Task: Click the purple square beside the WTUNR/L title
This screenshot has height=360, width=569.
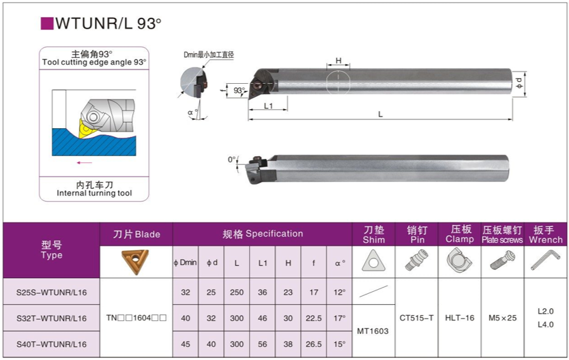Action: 47,24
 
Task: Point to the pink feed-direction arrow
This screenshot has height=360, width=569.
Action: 85,163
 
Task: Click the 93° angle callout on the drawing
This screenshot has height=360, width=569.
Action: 239,90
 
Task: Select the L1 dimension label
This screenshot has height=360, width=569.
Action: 268,106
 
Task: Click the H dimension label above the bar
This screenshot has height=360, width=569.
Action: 338,61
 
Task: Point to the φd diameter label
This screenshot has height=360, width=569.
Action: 519,83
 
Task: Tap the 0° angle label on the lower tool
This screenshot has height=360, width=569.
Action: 231,160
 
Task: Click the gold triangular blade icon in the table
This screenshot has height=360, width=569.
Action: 135,261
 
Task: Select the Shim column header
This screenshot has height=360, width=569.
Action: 374,235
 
